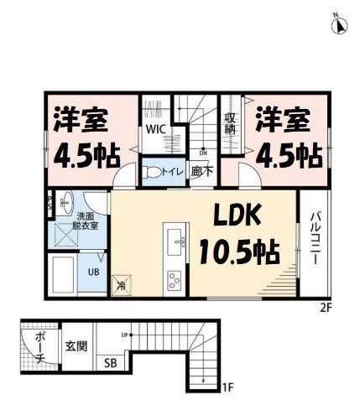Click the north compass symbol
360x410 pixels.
(341, 24)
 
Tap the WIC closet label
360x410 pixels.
(156, 130)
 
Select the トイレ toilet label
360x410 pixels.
(173, 172)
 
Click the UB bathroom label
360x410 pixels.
(93, 272)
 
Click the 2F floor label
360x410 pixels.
(326, 307)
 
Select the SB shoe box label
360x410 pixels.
(110, 363)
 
